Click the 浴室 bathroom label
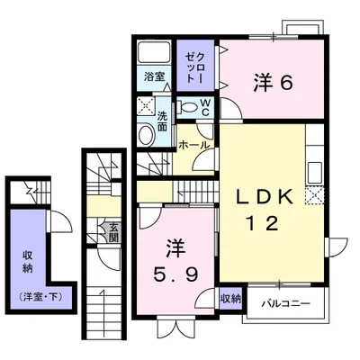point(154,76)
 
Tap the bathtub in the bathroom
point(154,51)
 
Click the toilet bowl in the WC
point(187,107)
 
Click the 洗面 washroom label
point(162,121)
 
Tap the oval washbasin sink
point(147,135)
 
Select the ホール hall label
point(193,145)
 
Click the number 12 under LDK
point(262,223)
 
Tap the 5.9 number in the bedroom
point(175,274)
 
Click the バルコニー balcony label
point(285,303)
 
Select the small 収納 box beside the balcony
point(230,299)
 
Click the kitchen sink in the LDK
point(315,173)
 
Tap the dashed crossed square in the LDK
point(314,195)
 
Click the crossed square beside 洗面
point(146,106)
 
